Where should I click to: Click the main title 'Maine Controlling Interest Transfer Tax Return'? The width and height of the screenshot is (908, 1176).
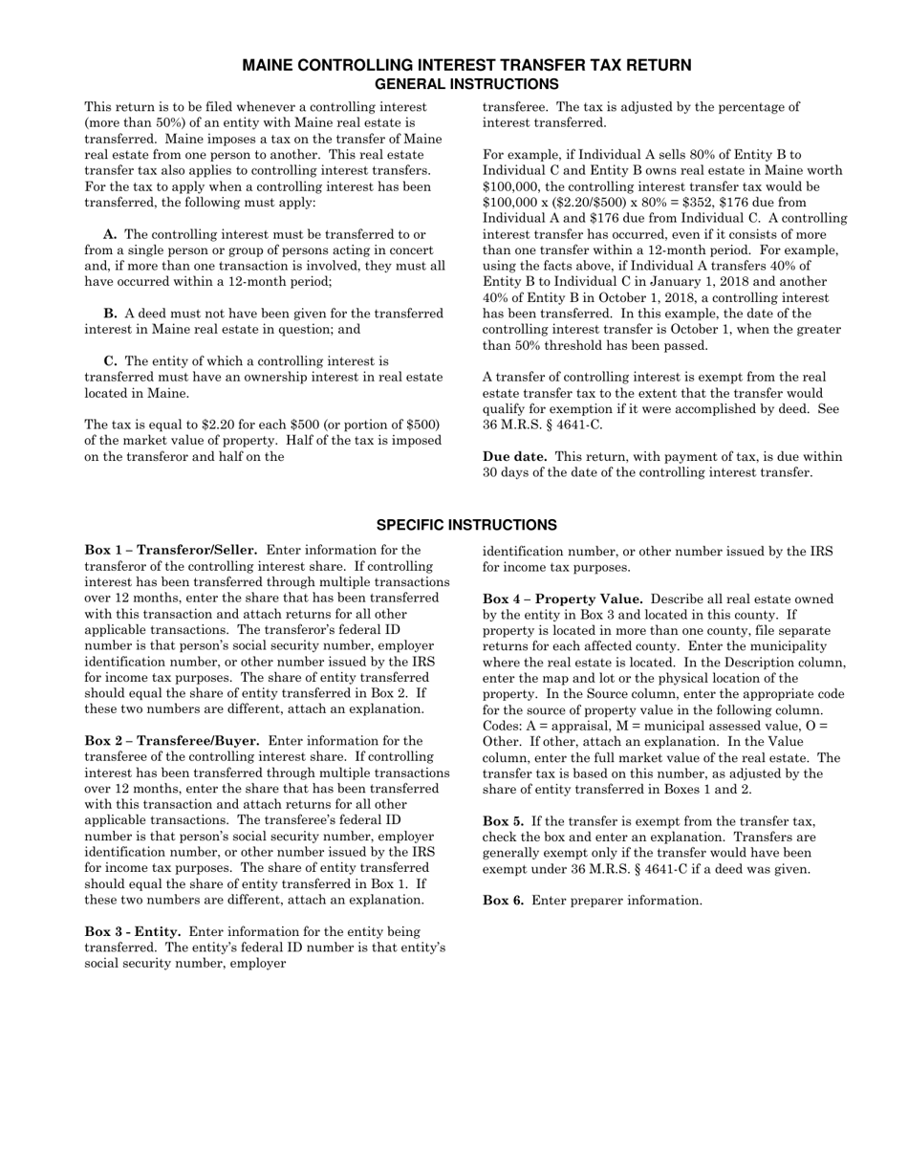466,65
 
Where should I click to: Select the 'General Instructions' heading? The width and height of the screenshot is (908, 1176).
466,84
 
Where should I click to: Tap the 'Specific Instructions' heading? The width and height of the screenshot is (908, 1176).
466,526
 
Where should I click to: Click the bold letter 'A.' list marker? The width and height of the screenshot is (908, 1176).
110,234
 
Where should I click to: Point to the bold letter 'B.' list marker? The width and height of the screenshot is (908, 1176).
110,314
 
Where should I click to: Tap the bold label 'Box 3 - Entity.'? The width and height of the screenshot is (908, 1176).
133,931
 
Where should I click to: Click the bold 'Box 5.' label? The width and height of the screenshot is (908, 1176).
503,821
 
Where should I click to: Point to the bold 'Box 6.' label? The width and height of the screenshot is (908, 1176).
503,901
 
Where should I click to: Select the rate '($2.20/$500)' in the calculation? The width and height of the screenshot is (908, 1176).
581,203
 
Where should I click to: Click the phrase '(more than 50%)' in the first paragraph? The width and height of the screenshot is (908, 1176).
130,123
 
